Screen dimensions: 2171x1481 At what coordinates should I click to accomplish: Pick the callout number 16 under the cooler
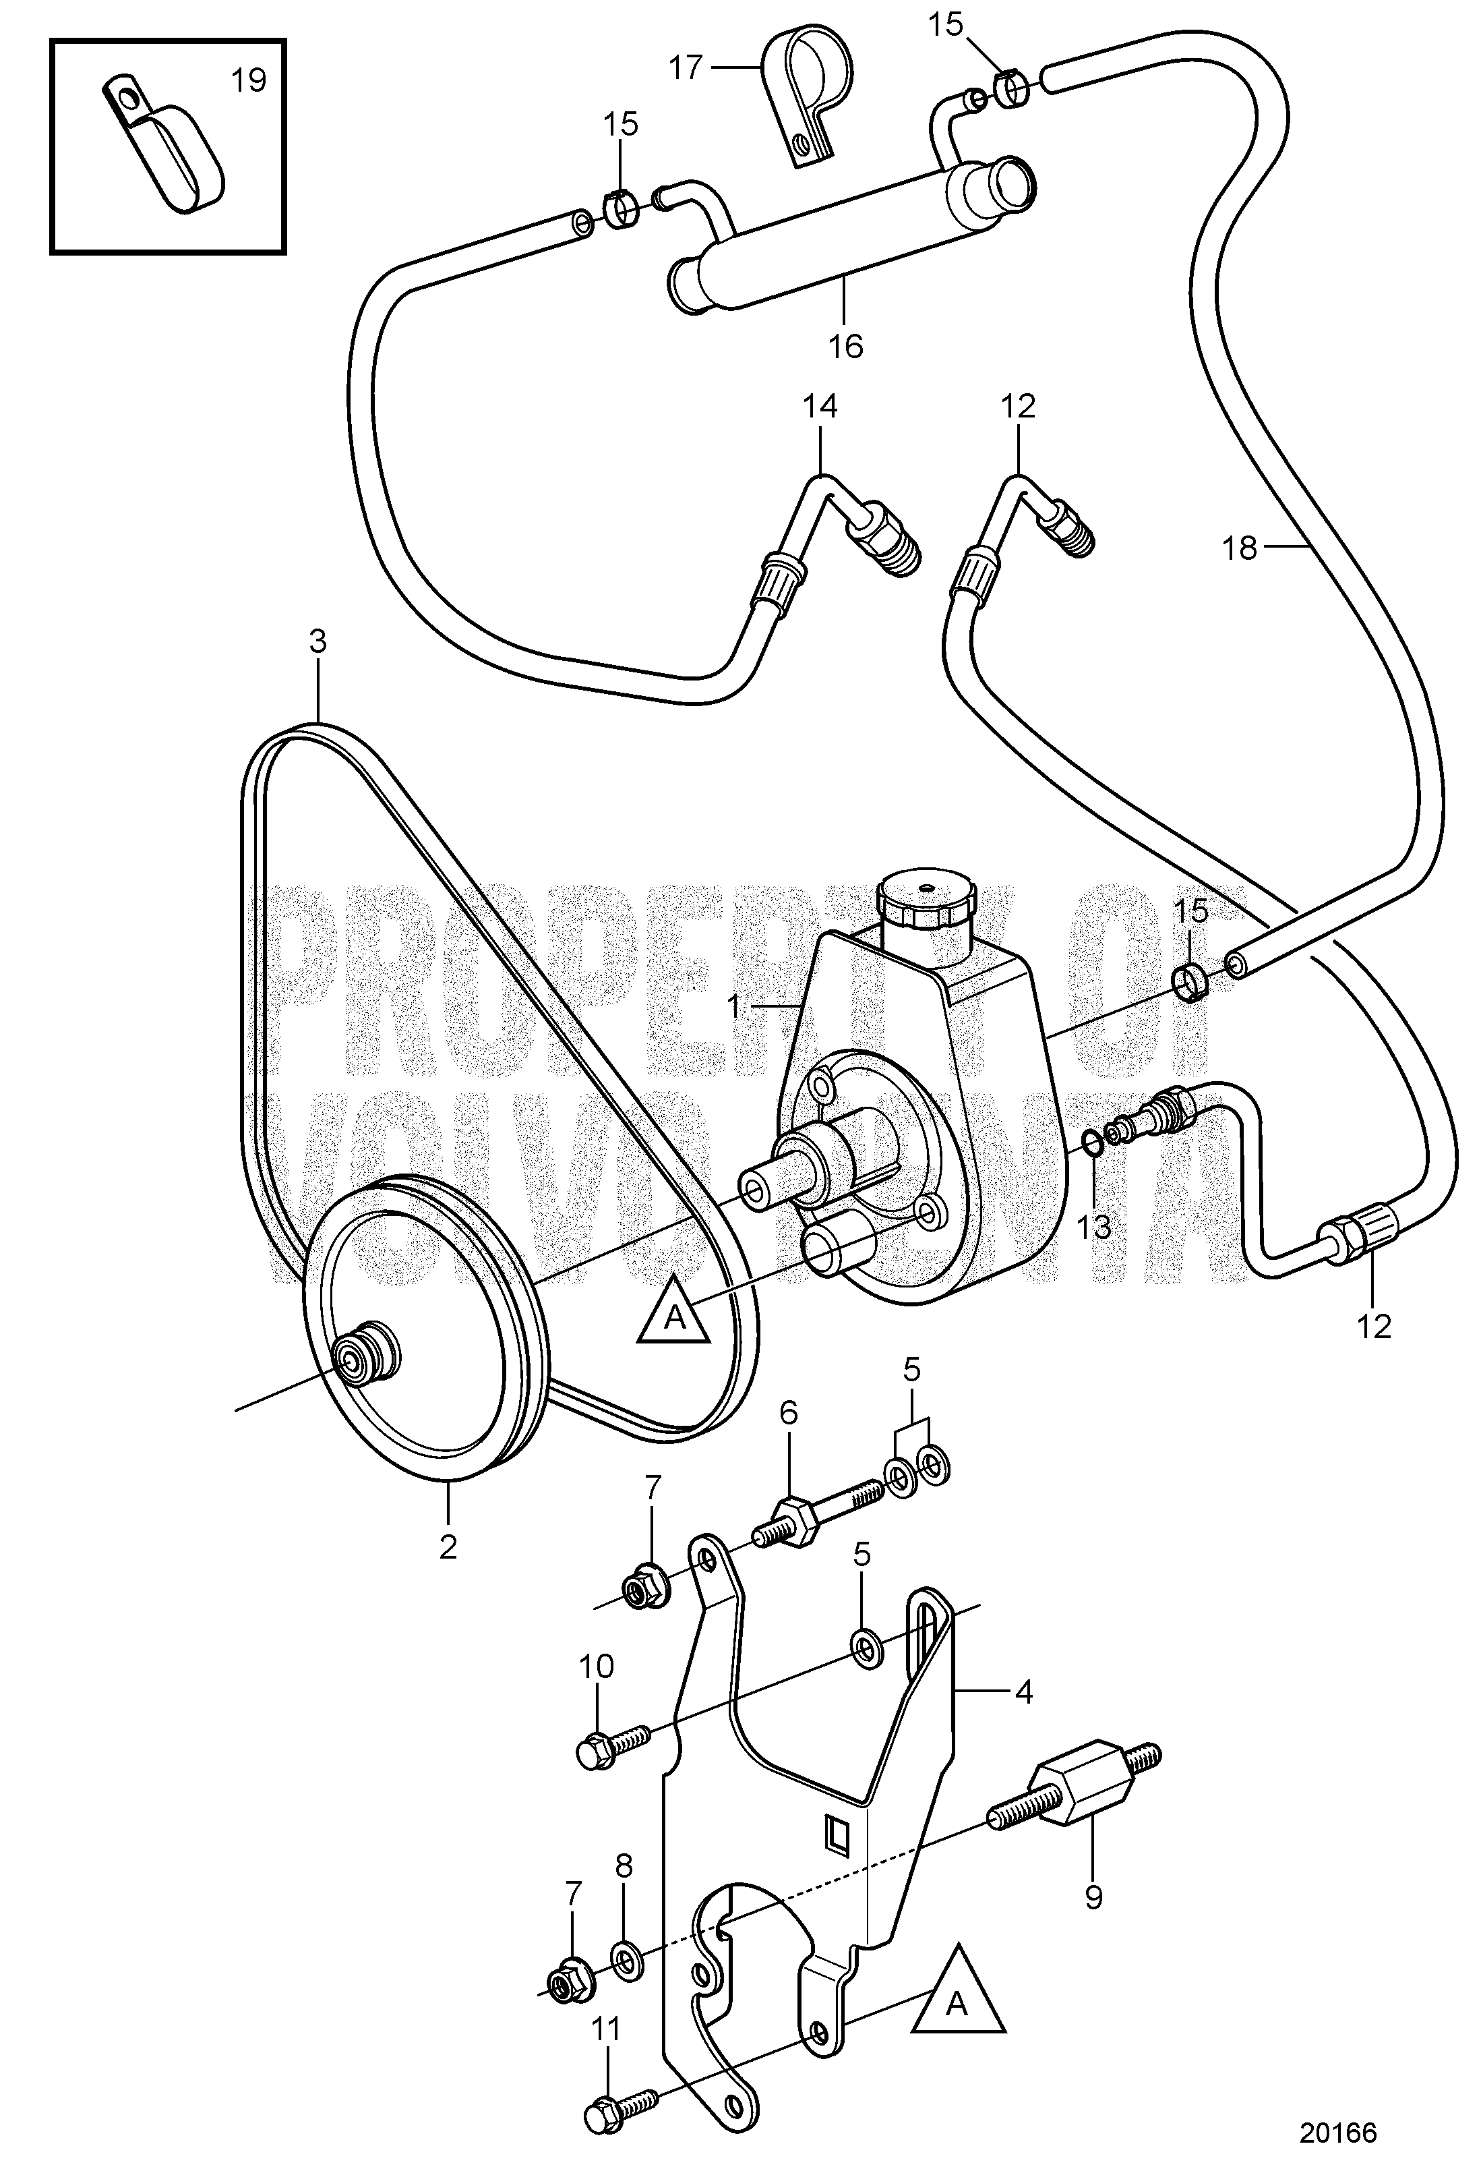click(x=845, y=347)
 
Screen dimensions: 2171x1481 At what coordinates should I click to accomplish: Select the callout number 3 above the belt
click(x=318, y=642)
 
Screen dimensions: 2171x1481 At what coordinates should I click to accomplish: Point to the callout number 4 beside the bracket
click(x=1023, y=1693)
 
